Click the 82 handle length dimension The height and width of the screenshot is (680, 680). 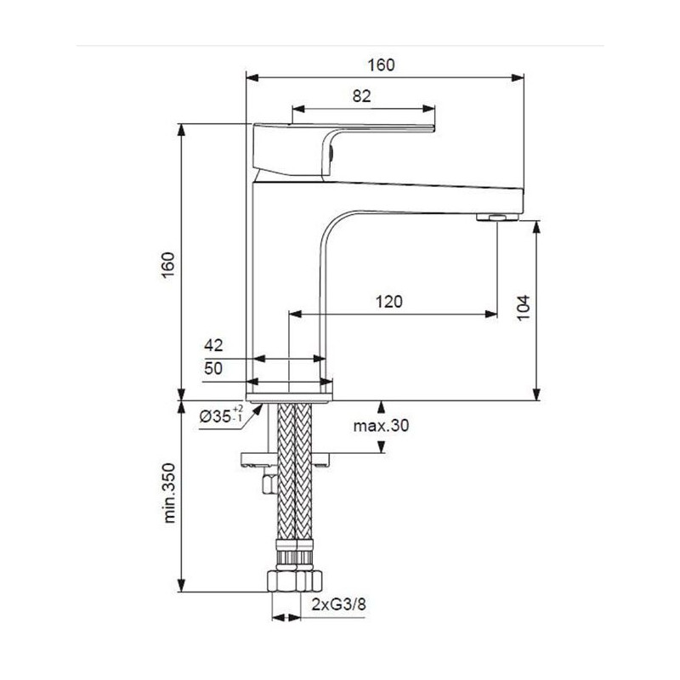pos(361,96)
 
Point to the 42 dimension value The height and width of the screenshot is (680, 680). pos(213,345)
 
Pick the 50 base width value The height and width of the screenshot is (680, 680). pos(213,368)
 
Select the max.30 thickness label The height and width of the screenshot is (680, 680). pos(382,426)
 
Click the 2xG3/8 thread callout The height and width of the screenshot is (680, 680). pos(340,604)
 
